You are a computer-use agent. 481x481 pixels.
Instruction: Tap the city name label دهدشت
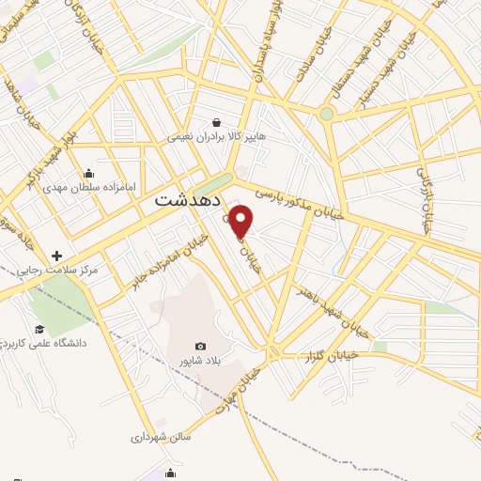click(x=188, y=200)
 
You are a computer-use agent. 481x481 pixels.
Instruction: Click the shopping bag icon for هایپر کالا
click(x=217, y=121)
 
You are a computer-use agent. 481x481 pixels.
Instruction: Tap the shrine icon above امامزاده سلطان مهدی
click(x=88, y=172)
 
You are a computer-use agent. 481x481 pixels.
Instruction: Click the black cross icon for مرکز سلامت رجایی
click(x=57, y=256)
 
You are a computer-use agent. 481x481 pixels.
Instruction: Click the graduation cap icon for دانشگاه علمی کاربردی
click(x=39, y=329)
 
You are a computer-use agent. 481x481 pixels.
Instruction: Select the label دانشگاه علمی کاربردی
click(x=44, y=343)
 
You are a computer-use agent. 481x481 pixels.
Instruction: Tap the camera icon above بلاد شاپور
click(x=199, y=346)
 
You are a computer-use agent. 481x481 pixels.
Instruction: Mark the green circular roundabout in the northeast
click(x=326, y=114)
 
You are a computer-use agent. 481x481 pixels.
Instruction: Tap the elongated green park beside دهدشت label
click(x=214, y=184)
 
